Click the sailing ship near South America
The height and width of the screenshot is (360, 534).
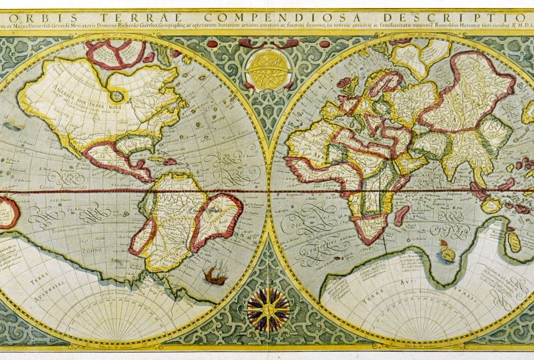click(214, 274)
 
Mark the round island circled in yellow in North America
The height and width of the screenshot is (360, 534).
click(115, 96)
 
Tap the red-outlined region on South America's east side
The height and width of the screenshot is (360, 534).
click(218, 220)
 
